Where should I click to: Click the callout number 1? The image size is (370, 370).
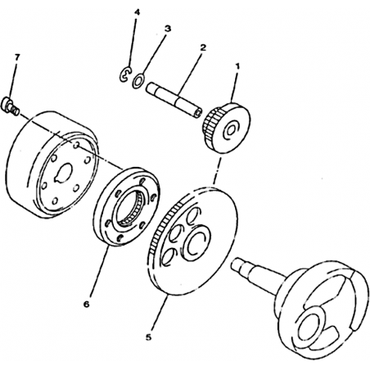click(x=237, y=66)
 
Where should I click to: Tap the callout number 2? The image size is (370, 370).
click(x=203, y=48)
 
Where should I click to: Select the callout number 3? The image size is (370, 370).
click(x=168, y=29)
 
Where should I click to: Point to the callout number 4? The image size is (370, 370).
click(x=138, y=12)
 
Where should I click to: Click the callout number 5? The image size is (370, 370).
click(x=148, y=337)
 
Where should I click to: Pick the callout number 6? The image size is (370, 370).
click(x=86, y=304)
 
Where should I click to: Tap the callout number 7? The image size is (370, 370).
click(x=17, y=57)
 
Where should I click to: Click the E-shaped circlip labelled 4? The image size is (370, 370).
click(x=125, y=74)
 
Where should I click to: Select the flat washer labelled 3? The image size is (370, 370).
click(x=138, y=81)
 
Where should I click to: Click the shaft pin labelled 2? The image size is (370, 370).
click(x=174, y=101)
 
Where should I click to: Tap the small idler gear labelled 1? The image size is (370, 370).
click(x=226, y=128)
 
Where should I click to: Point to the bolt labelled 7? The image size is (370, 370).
click(x=11, y=107)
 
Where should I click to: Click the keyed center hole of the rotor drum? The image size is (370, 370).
click(x=63, y=174)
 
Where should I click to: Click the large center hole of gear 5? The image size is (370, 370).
click(x=196, y=241)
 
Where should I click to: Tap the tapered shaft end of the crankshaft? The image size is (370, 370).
click(x=240, y=267)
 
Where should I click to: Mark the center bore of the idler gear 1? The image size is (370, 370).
click(x=231, y=130)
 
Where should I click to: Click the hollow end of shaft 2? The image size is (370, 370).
click(x=198, y=114)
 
